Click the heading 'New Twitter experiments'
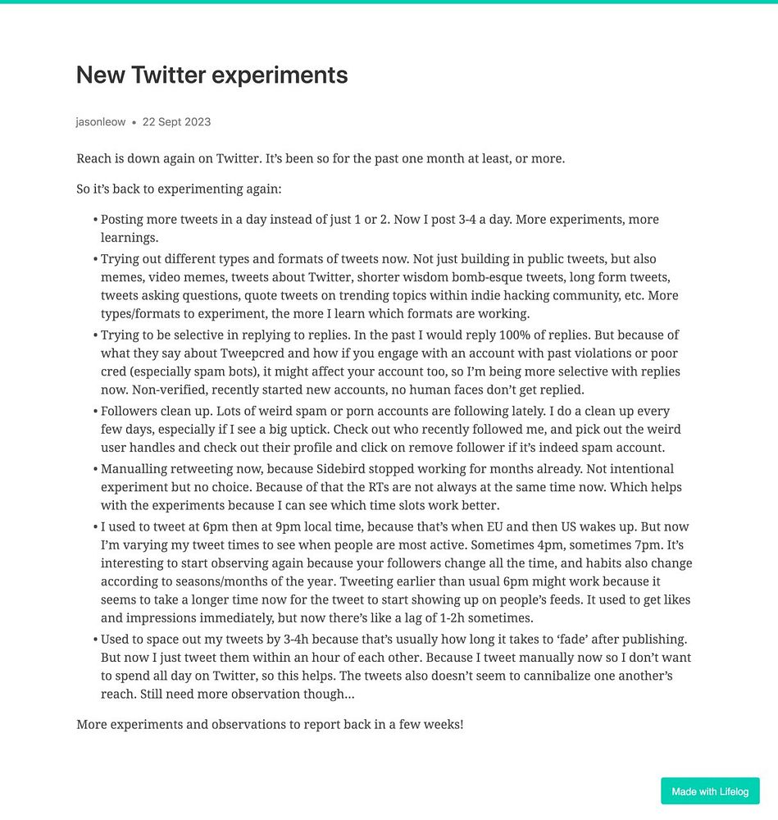(212, 75)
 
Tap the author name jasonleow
(101, 122)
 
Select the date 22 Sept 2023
(176, 122)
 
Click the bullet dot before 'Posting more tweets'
(95, 221)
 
